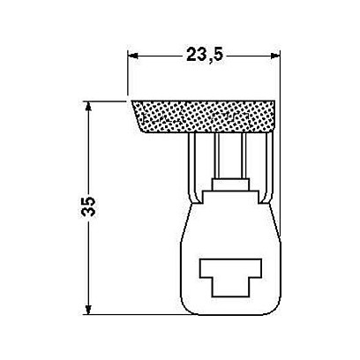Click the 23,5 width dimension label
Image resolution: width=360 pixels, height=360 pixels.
pos(205,55)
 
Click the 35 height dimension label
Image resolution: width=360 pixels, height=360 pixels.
pos(88,206)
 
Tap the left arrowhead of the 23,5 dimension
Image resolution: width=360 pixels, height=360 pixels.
pos(133,56)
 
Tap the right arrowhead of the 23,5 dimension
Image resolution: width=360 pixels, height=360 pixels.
pos(274,56)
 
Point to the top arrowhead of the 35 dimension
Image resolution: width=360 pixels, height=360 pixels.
pos(88,107)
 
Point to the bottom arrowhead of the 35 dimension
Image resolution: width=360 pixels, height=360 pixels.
pos(88,310)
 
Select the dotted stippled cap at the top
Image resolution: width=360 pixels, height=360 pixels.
pos(204,116)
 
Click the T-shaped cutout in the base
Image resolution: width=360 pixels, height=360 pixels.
pos(230,277)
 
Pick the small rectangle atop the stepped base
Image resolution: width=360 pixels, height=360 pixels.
pos(230,184)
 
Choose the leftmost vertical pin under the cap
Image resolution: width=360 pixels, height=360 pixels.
pos(192,168)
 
